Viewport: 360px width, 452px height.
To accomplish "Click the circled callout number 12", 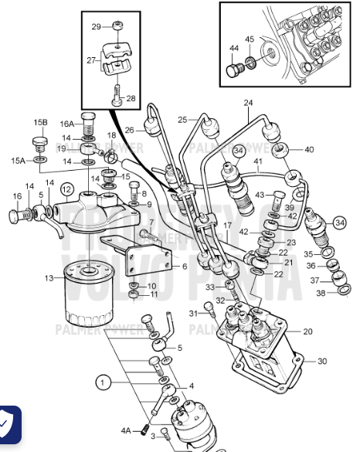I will (x=66, y=189).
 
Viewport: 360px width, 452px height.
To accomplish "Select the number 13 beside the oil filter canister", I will (x=49, y=277).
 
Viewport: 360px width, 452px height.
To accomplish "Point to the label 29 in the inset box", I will (x=96, y=27).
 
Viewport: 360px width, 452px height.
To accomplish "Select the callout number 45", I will (x=250, y=39).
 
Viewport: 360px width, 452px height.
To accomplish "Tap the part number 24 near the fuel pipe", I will (x=248, y=103).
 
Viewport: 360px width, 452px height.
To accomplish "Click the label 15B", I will (x=39, y=122).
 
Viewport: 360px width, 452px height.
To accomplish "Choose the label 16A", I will (x=67, y=123).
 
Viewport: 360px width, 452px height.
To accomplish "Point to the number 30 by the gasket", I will (x=322, y=361).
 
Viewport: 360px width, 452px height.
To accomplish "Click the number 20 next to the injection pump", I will (x=307, y=331).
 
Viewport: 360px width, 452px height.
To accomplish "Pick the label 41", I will (x=259, y=162).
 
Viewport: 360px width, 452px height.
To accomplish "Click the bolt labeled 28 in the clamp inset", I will (x=117, y=98).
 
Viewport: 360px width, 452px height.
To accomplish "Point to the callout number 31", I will (x=193, y=313).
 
